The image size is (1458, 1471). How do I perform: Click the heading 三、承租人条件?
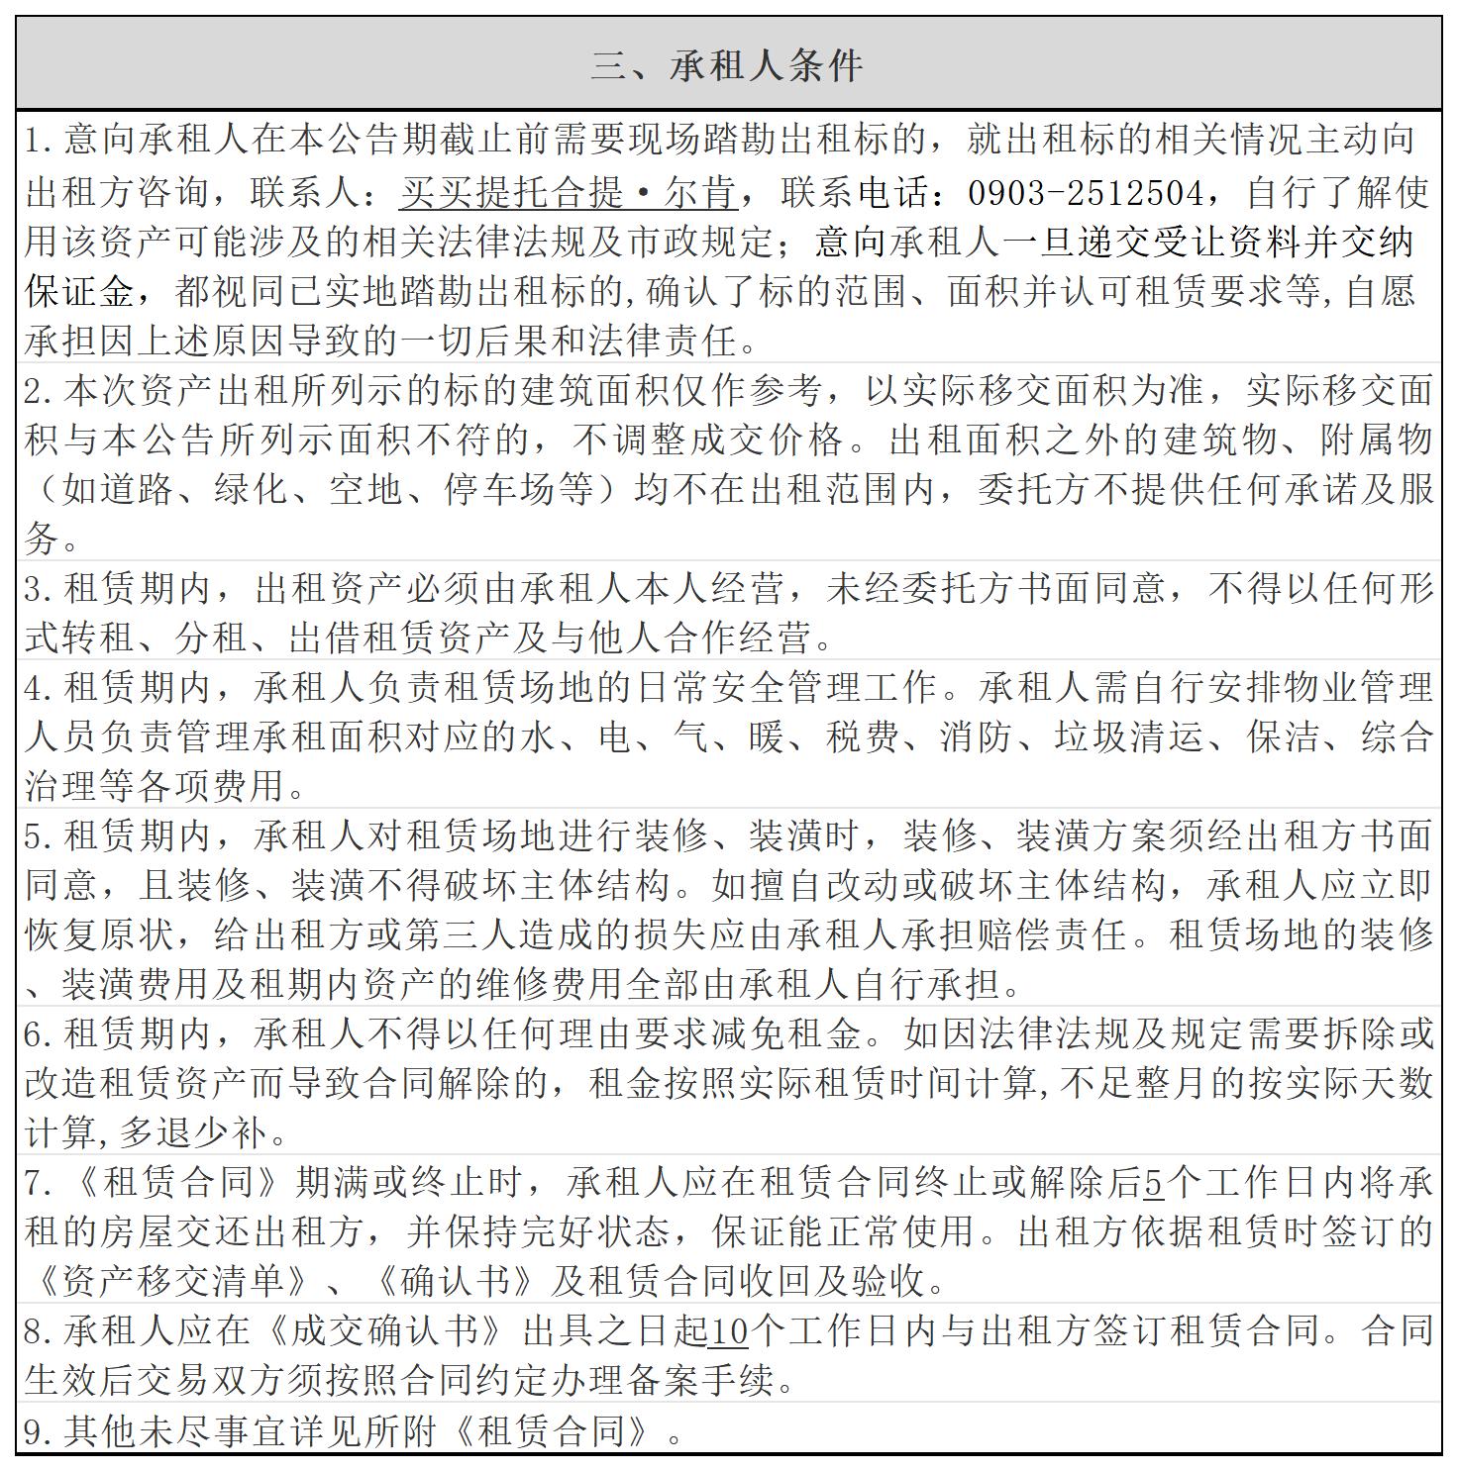click(x=728, y=65)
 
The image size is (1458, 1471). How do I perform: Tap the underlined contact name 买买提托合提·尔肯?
click(x=569, y=192)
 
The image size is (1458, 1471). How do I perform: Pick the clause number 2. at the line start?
click(x=41, y=391)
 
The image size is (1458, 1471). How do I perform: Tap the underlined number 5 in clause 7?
click(x=1153, y=1182)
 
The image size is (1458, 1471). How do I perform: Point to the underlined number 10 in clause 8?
click(x=728, y=1331)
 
